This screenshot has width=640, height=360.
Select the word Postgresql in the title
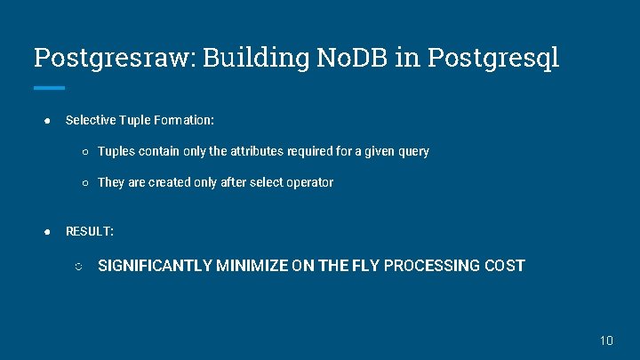(x=493, y=58)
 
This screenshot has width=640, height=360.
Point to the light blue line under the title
(x=49, y=87)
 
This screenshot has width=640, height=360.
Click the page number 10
(x=606, y=340)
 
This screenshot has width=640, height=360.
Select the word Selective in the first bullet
(x=90, y=119)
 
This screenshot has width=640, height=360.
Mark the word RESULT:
(x=90, y=231)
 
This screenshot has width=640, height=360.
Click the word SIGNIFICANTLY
(x=155, y=266)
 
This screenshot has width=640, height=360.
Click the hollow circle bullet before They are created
(x=84, y=183)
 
